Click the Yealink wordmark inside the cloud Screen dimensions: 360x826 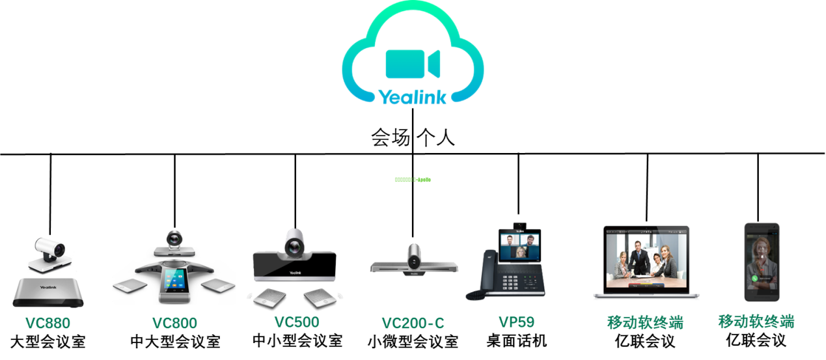(413, 97)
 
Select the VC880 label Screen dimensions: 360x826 (48, 323)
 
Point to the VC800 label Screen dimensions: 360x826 (174, 323)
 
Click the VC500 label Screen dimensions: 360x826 (297, 322)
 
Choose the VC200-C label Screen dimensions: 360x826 (413, 323)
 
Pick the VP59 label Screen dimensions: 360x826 (516, 322)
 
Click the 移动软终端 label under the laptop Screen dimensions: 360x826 (645, 322)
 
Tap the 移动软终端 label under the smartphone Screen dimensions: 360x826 (756, 321)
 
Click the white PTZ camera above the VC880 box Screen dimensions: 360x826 (49, 253)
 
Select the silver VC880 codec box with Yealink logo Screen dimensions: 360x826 (49, 292)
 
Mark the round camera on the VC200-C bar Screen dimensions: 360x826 (415, 257)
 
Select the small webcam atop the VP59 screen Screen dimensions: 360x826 (519, 227)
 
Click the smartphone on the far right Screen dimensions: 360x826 (762, 261)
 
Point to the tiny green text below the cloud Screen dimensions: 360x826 (413, 179)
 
